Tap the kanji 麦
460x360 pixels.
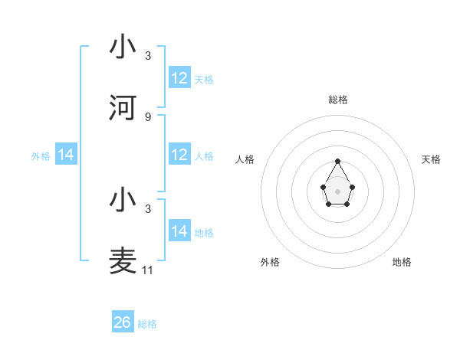(123, 261)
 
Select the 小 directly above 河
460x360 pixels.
(123, 47)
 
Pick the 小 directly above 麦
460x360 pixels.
(123, 200)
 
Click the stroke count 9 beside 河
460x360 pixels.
(148, 117)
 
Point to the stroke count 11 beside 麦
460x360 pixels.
(148, 270)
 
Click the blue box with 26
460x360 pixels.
(123, 322)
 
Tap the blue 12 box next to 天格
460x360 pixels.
(179, 78)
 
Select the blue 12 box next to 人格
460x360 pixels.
(179, 155)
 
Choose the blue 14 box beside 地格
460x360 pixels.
(179, 231)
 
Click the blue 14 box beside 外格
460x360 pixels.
(66, 155)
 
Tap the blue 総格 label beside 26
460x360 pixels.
(147, 324)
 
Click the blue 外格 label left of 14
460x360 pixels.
(41, 155)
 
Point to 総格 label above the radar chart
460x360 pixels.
(337, 100)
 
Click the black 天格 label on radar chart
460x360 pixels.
(431, 159)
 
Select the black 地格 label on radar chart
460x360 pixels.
(402, 262)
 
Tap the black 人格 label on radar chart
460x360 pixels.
(245, 159)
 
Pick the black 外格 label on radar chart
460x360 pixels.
(270, 262)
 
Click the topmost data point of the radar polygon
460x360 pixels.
(337, 161)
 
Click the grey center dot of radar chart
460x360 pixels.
(337, 190)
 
